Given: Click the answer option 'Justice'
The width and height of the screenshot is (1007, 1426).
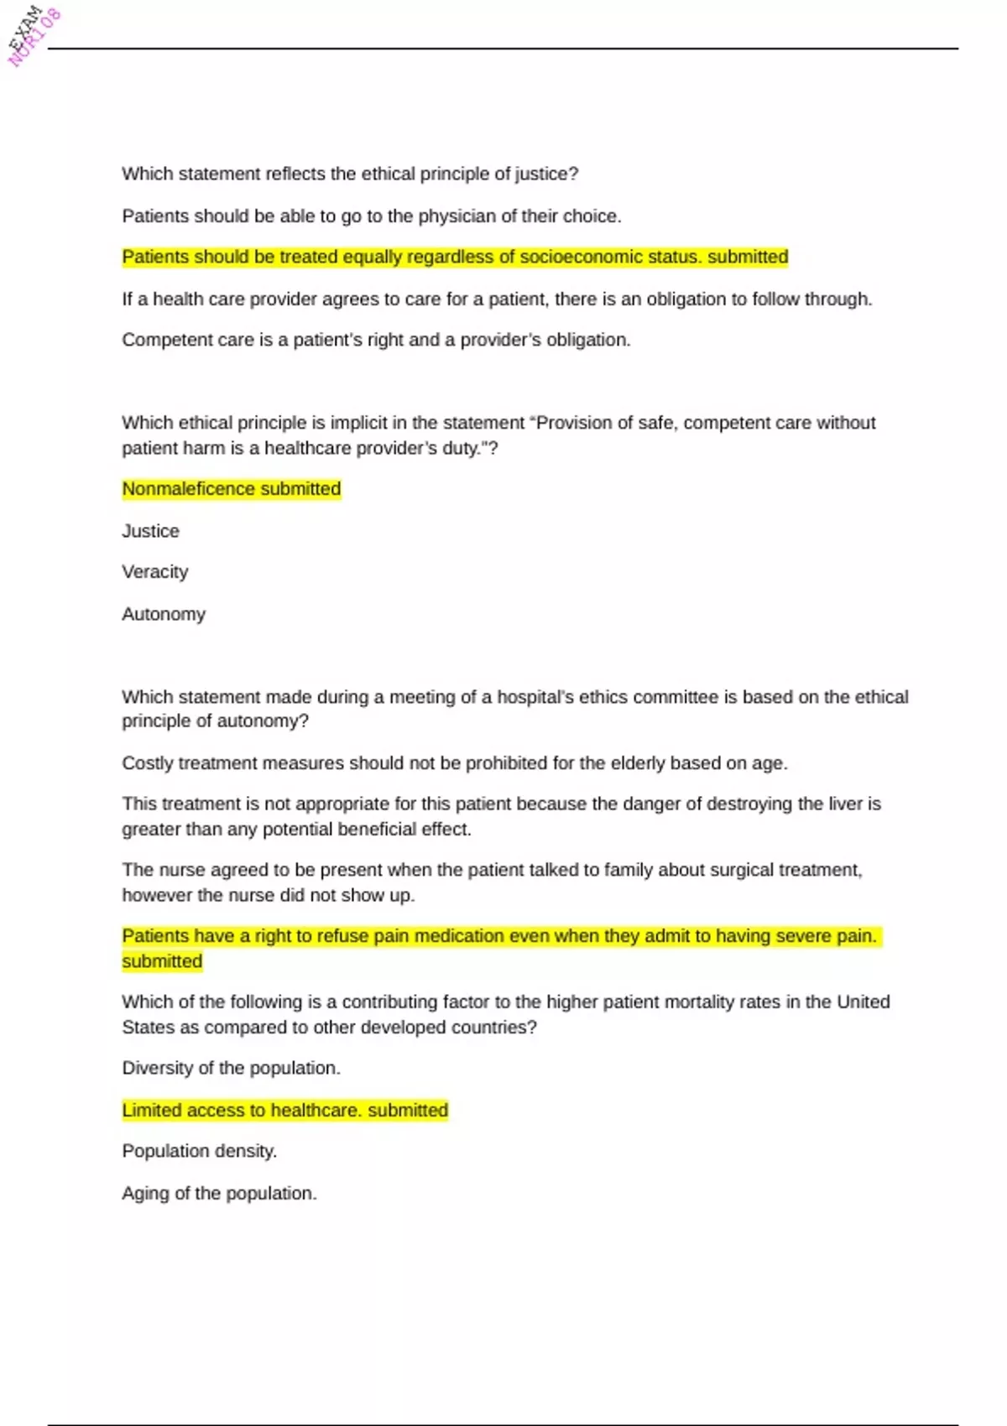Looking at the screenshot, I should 150,531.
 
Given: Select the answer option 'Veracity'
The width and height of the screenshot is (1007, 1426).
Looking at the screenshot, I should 155,572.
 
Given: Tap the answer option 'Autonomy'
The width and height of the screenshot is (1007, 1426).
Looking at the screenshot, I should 164,614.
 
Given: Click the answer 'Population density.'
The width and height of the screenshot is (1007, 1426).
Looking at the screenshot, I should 199,1151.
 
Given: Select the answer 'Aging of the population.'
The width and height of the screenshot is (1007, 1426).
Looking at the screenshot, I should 219,1193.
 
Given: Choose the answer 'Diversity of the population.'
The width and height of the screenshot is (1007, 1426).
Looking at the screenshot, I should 231,1068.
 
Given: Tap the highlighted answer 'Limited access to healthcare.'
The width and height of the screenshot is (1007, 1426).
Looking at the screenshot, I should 242,1110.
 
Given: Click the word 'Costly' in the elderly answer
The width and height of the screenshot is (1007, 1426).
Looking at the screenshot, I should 147,763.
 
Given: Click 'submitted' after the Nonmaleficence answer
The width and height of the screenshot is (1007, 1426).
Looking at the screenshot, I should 300,489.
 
